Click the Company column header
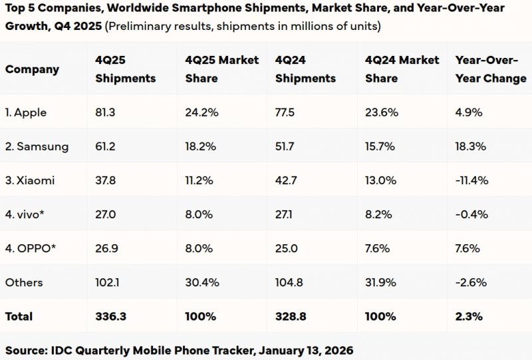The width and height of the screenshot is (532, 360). (32, 69)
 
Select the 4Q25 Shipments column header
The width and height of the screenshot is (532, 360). (125, 69)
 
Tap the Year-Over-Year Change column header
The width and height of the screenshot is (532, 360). (490, 69)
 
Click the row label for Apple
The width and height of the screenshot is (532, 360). (26, 112)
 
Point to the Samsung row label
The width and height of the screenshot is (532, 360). (37, 146)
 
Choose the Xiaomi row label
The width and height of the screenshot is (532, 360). (30, 180)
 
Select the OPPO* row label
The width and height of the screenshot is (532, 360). (31, 248)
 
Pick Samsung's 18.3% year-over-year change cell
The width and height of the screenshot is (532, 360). (471, 146)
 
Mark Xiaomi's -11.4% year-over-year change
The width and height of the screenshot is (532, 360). (472, 180)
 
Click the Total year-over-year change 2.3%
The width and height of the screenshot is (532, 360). (468, 316)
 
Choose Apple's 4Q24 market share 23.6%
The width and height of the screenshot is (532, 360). (382, 112)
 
